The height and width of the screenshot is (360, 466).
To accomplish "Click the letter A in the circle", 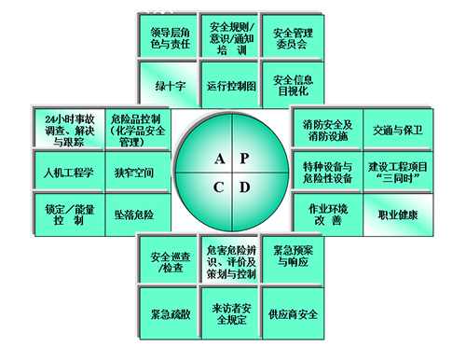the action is (x=219, y=159).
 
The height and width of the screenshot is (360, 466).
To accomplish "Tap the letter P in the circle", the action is (x=244, y=159).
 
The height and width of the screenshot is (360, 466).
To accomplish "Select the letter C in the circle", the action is (x=219, y=187).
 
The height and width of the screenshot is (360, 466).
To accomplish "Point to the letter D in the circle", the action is (x=244, y=187).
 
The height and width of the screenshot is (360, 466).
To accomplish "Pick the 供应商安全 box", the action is (x=292, y=313).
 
